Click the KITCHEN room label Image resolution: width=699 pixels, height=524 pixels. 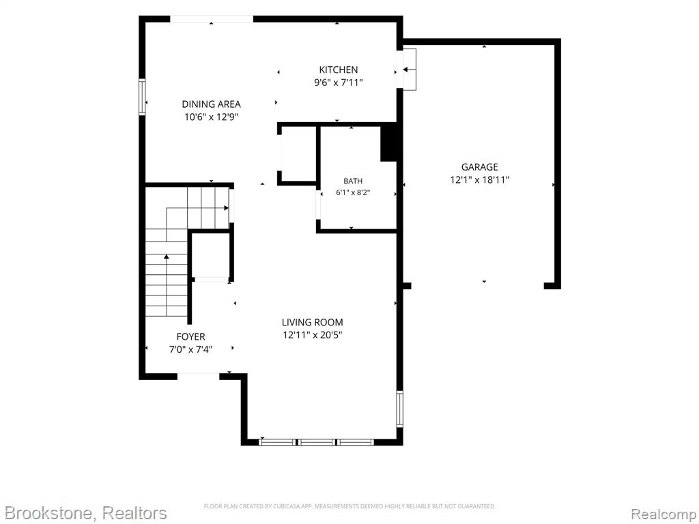click(339, 70)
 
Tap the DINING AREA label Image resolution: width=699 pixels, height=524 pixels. click(212, 104)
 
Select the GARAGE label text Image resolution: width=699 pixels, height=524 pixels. click(480, 167)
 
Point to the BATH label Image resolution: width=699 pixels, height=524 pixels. click(353, 181)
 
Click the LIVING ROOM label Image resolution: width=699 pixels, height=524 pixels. click(313, 322)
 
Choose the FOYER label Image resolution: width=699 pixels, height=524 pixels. click(191, 337)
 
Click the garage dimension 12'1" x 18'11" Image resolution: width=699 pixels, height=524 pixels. click(480, 180)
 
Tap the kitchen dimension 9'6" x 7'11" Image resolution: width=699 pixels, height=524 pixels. click(339, 83)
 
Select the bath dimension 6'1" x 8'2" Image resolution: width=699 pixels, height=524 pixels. click(353, 192)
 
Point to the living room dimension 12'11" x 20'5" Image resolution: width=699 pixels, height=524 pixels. click(313, 334)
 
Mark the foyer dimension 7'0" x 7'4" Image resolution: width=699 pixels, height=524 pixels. click(191, 349)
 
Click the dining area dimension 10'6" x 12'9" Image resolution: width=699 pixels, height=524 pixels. click(212, 117)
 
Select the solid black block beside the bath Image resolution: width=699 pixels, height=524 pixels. click(388, 143)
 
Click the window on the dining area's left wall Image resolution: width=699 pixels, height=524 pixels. click(142, 97)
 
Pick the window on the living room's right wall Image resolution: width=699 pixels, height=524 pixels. click(399, 409)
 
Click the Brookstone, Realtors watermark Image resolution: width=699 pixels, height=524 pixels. click(85, 513)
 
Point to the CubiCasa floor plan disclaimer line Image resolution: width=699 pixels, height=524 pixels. click(349, 506)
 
